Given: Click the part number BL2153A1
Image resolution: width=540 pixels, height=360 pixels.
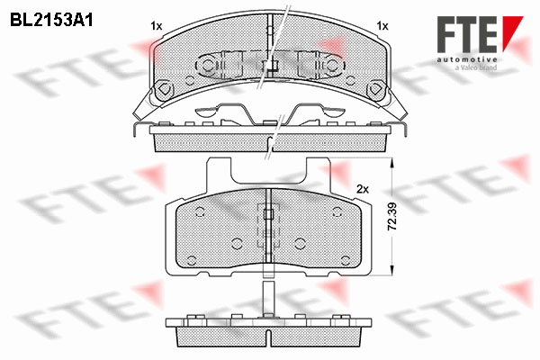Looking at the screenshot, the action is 51,21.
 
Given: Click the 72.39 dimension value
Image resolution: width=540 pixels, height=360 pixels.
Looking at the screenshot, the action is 392,216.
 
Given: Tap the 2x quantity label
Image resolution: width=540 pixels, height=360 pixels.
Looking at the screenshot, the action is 363,189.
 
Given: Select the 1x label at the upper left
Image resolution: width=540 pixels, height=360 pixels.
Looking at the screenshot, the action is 157,26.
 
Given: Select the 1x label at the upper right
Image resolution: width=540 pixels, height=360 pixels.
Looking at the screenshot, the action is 382,26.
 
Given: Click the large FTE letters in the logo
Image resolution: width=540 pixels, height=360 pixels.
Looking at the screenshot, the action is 467,34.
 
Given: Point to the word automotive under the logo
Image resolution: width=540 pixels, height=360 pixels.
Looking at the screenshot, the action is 467,59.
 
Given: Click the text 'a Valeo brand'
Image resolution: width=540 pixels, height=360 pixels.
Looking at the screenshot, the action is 476,67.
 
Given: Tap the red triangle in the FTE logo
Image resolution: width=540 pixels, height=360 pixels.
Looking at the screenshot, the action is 512,33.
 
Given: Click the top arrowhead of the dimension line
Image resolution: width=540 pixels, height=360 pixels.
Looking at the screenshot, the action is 391,163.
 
